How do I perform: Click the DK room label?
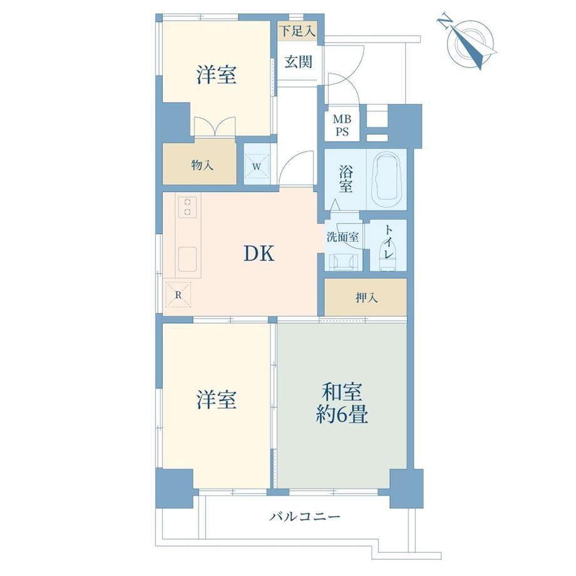point(259,254)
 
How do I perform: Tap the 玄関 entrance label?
point(298,62)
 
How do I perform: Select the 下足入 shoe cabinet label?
point(297,31)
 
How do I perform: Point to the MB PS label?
point(342,125)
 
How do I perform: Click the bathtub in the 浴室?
point(386,180)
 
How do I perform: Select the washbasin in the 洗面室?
point(343,262)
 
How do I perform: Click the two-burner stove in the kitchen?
point(188,207)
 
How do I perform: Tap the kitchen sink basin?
point(187,259)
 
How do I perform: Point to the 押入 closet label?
point(366,297)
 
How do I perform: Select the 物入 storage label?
point(202,165)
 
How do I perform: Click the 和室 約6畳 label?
point(342,403)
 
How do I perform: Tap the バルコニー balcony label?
point(305,517)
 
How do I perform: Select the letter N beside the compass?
point(445,21)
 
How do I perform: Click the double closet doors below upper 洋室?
point(215,126)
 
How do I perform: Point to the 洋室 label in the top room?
point(216,75)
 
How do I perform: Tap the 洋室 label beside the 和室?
point(216,399)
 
